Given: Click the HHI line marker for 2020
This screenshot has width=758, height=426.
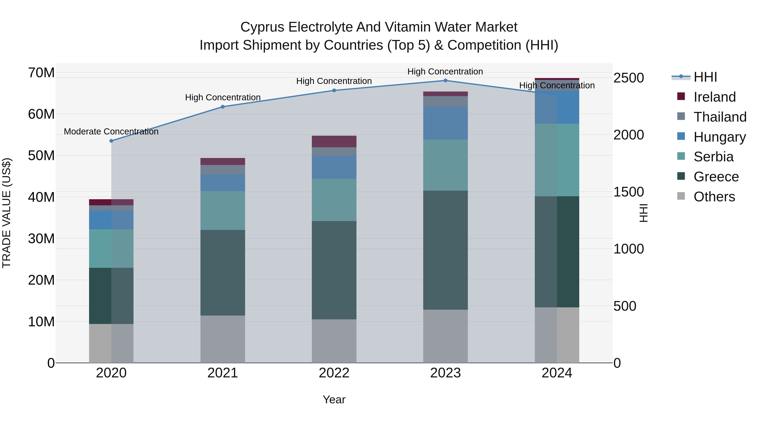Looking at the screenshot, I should point(111,141).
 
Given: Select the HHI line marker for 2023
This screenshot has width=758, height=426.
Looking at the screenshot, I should point(445,81).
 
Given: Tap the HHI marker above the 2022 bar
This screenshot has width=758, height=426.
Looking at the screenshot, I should point(334,90).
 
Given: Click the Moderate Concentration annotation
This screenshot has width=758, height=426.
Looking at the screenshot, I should point(111,131).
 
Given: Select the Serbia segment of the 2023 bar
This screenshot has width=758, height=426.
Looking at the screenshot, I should point(445,165).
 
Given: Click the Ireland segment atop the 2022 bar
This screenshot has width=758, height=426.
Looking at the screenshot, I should point(334,141).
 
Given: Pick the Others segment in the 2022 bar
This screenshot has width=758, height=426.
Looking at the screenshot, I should point(334,341).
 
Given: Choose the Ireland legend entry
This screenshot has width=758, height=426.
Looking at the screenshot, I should point(714,97).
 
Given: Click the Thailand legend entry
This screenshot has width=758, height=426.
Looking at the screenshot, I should point(720,117).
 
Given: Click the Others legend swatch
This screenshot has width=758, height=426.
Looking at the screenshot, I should point(681,196).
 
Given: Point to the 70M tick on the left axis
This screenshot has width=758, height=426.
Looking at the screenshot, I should point(41,73).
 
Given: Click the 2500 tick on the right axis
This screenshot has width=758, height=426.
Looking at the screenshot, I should point(629,78).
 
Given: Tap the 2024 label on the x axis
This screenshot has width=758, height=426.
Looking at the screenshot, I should point(556,373).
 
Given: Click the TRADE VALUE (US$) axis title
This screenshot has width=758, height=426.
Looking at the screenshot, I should point(7,213).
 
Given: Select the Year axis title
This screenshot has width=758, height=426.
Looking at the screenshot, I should point(334,399).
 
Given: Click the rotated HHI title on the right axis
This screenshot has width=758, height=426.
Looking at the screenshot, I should point(643,213).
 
